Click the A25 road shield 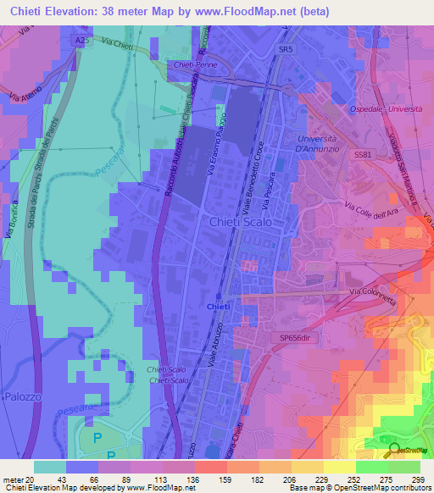click(81, 40)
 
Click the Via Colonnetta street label click(376, 293)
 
